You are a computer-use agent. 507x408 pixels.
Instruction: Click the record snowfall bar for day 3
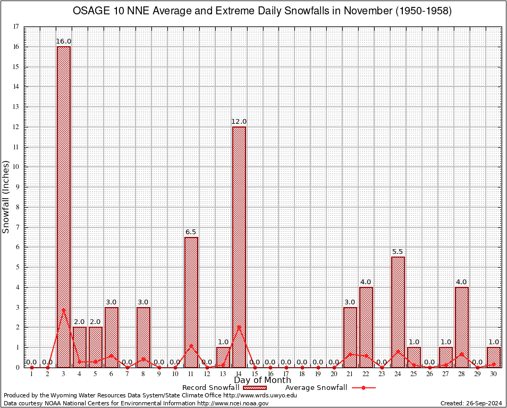(x=64, y=207)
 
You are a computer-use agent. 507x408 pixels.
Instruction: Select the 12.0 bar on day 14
(x=239, y=247)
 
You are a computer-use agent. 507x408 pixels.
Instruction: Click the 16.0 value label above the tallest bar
(x=64, y=41)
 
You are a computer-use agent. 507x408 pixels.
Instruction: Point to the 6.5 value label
(x=191, y=232)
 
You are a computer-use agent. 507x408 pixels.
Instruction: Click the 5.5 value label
(x=398, y=252)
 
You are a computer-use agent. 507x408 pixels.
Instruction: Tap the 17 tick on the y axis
(x=16, y=27)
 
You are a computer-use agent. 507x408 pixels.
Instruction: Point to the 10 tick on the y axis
(x=16, y=167)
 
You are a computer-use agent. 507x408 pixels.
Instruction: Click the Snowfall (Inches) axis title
(x=6, y=197)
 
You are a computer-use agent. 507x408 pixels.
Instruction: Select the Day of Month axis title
(x=262, y=380)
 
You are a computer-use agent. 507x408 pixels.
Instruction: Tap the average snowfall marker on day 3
(x=64, y=310)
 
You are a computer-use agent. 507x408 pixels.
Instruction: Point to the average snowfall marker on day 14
(x=239, y=327)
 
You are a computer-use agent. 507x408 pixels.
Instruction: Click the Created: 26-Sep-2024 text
(x=471, y=404)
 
